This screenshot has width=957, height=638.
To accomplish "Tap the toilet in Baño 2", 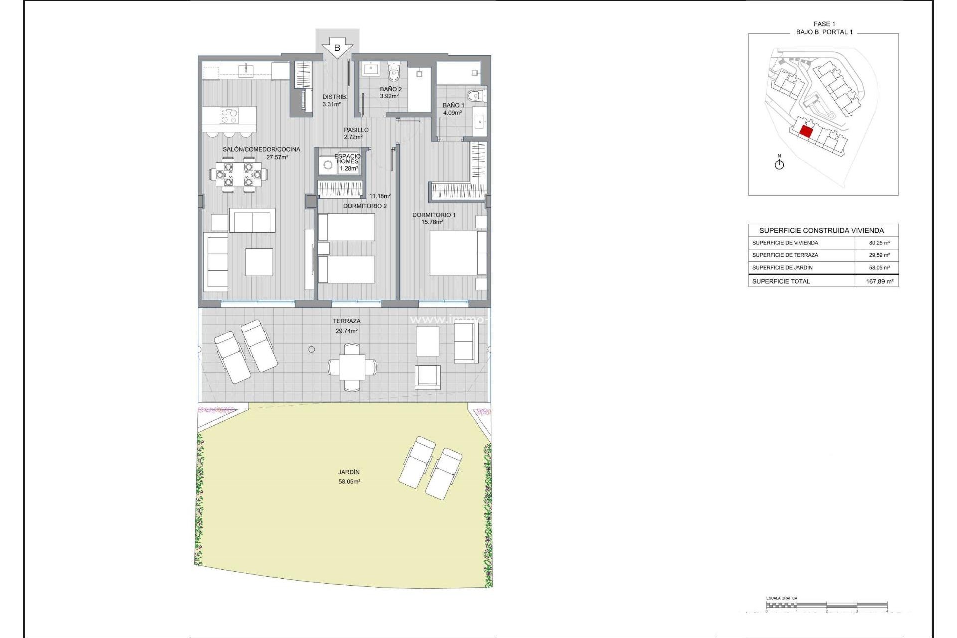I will point(394,73).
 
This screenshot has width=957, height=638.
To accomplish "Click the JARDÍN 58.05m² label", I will point(349,477).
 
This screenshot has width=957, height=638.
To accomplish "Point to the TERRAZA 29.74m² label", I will point(347,326).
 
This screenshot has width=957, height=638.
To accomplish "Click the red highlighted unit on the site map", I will point(806,132).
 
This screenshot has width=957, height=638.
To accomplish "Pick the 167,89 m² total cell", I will point(879,281).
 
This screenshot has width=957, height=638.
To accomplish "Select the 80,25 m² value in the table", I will point(879,243).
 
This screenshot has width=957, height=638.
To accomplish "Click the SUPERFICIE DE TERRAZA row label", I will point(785,255).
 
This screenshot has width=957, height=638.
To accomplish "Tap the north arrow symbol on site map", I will point(779,163).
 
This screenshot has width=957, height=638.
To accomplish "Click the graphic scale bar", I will point(826,605).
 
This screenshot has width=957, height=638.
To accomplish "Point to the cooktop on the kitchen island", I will point(229,116).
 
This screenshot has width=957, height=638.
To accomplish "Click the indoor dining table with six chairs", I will point(238,174).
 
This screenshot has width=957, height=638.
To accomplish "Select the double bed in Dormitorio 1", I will point(458,253).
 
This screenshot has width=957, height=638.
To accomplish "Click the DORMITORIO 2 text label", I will point(365,206).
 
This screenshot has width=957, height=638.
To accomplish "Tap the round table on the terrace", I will point(352,367).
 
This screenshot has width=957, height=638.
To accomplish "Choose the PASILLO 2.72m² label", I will point(356,133).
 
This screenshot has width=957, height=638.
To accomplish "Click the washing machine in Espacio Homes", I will point(328,165).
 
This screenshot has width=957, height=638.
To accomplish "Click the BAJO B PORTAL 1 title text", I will point(824,32).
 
